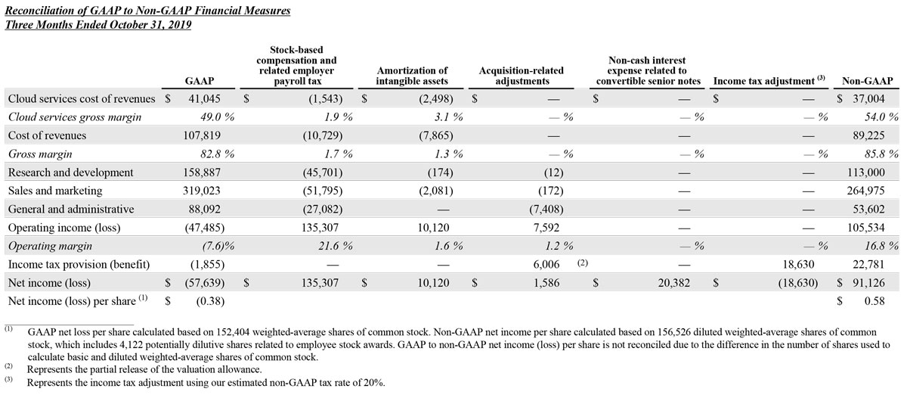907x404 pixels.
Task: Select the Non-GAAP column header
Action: (x=867, y=81)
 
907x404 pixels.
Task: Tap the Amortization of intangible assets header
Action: (x=412, y=76)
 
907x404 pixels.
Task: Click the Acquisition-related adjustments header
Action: (x=521, y=76)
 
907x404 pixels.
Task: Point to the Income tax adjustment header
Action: (x=767, y=81)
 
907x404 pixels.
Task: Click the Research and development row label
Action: (x=70, y=172)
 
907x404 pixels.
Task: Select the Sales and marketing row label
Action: (x=54, y=191)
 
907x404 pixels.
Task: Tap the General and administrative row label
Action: (x=70, y=210)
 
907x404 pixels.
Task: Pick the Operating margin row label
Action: (x=50, y=246)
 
